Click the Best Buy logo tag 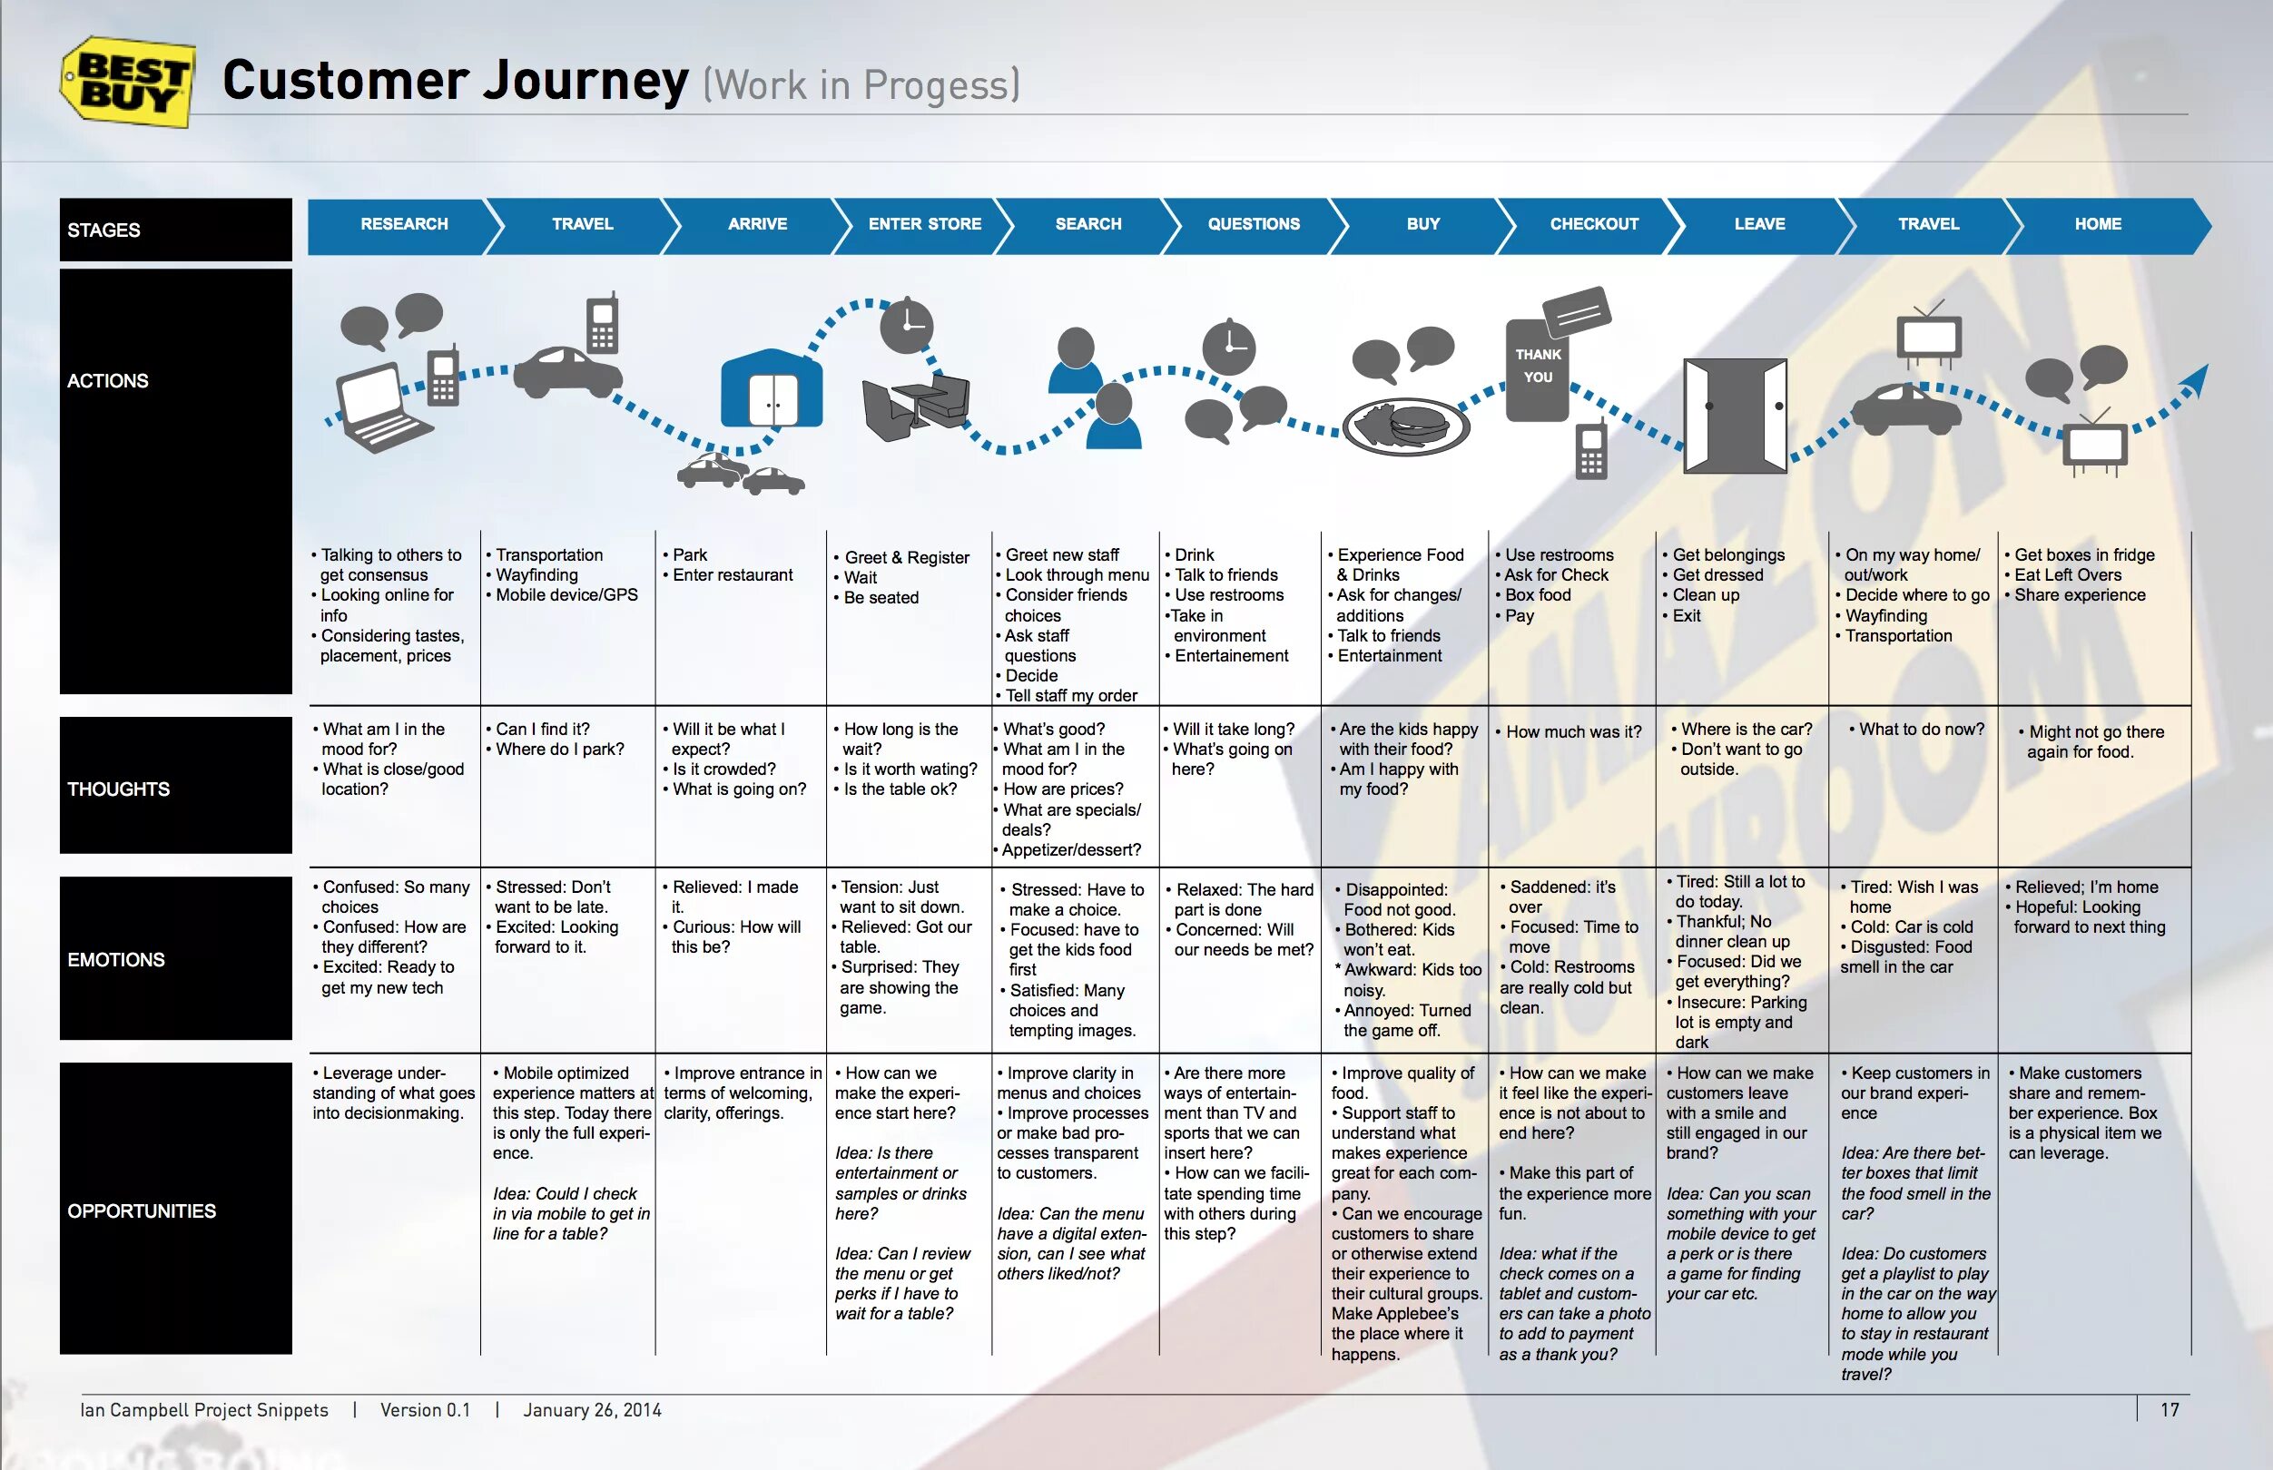129,82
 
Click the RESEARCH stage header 404,224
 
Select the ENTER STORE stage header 924,224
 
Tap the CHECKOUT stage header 1593,224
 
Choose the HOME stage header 2097,224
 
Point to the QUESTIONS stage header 1254,224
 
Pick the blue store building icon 772,389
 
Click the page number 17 2169,1409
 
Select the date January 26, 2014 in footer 592,1410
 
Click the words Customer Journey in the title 456,80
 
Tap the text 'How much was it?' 1573,732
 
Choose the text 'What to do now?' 1921,730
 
